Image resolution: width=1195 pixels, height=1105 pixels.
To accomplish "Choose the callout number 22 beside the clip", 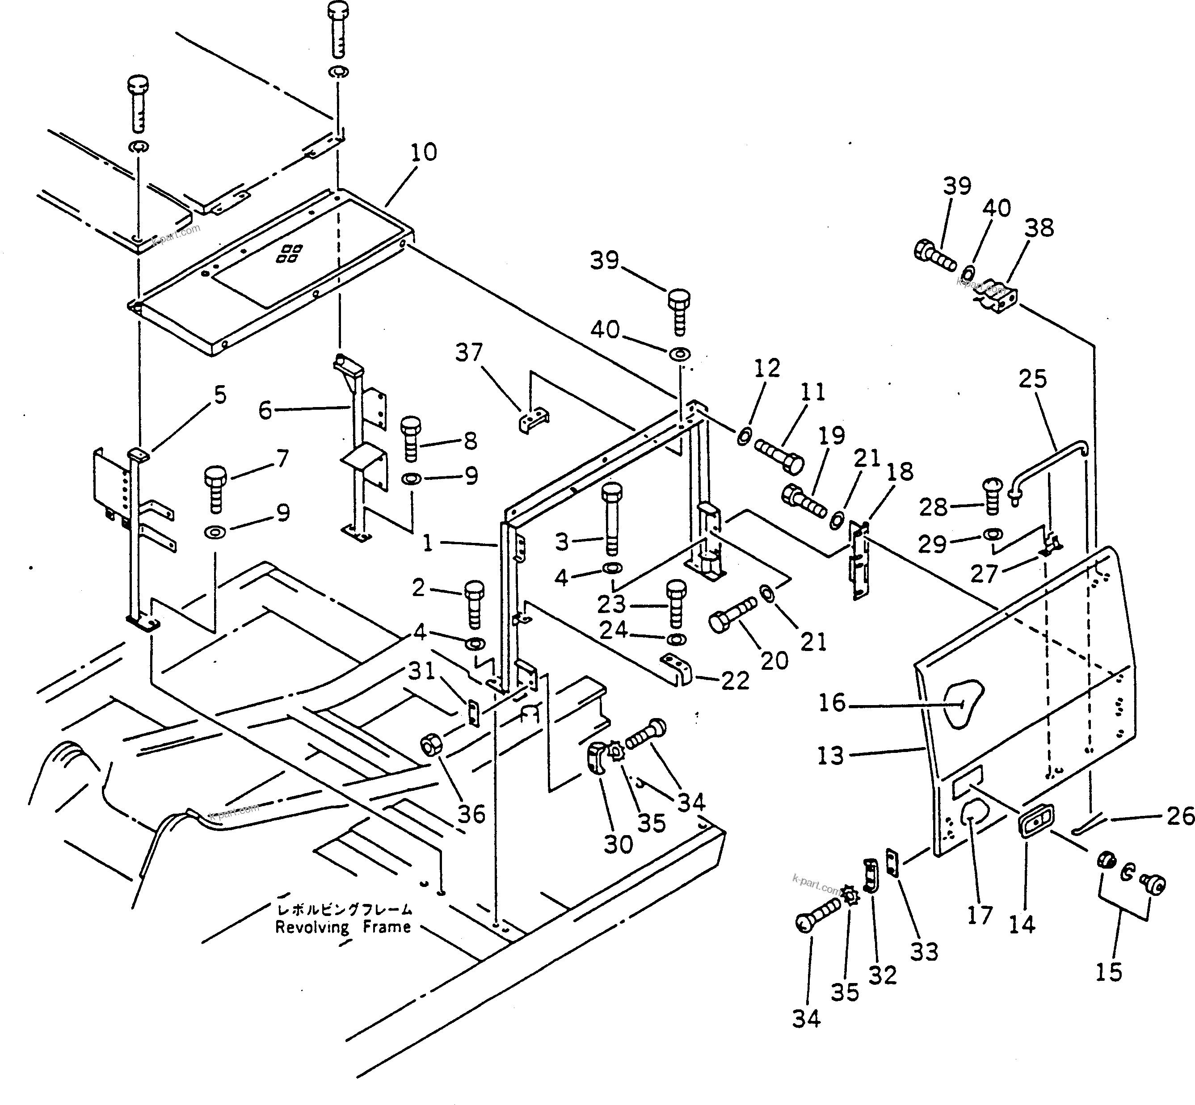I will (735, 681).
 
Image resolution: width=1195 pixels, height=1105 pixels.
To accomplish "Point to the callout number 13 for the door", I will (831, 756).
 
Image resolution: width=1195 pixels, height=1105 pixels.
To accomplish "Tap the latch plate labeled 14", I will (1036, 824).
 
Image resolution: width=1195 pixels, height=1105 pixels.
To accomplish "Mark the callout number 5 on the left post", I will (220, 395).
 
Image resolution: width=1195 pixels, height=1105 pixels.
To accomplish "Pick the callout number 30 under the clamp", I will (618, 845).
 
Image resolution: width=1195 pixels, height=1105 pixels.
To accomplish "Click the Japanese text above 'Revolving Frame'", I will (344, 909).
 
